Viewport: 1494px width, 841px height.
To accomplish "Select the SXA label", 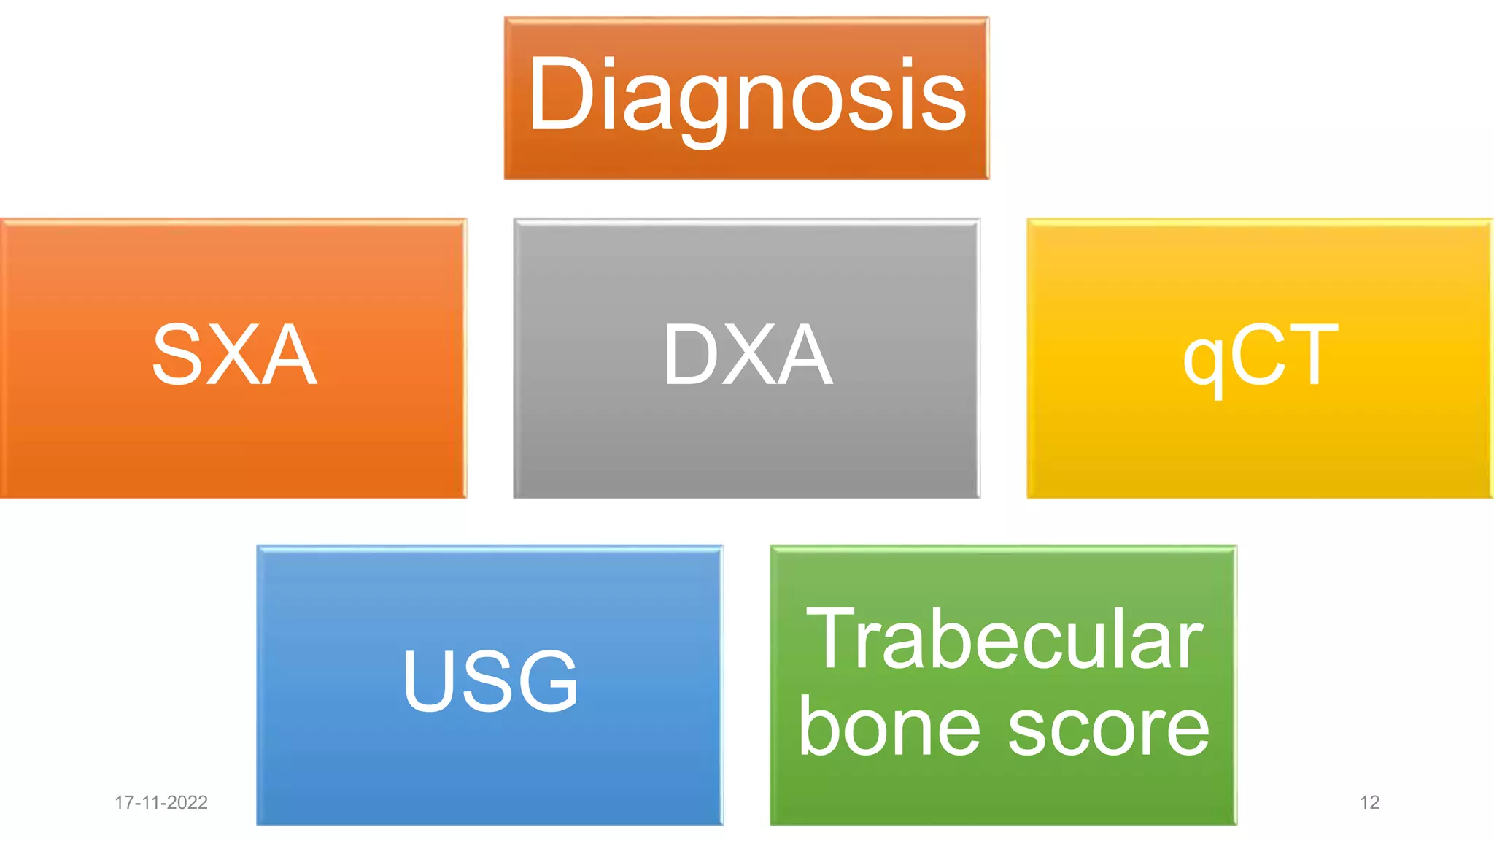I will click(234, 355).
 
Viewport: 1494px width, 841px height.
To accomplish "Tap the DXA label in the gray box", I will click(747, 355).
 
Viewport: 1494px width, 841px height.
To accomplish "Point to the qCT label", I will click(1261, 356).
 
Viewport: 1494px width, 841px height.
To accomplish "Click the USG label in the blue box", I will click(490, 680).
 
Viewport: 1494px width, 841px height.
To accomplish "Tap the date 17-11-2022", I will click(161, 802).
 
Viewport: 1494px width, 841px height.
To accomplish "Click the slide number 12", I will click(1369, 802).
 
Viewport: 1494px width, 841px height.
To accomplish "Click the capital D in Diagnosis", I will click(560, 95).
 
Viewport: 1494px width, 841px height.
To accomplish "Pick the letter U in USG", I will click(430, 680).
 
